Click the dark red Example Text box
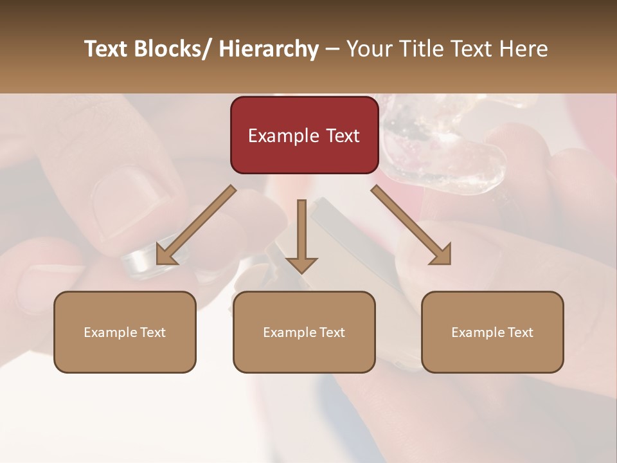pos(304,135)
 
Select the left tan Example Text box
pos(125,332)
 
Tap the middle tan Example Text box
pos(304,332)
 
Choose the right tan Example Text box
pos(492,332)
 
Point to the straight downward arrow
pos(301,235)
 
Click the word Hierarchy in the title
pos(269,49)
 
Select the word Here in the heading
pos(524,49)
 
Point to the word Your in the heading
pos(368,49)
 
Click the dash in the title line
pos(332,49)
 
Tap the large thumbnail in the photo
pos(122,199)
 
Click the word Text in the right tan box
pos(519,332)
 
